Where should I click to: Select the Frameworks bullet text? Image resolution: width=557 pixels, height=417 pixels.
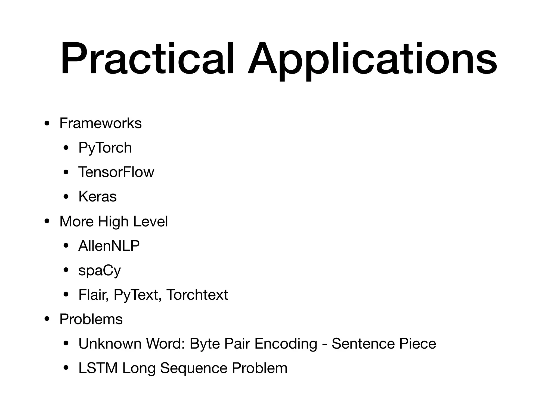[100, 123]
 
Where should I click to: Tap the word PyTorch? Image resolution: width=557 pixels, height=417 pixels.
[105, 148]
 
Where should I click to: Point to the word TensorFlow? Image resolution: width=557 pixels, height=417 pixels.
[116, 172]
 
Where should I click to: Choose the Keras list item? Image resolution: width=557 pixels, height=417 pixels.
[97, 197]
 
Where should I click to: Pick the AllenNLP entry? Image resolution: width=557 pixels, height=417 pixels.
[109, 246]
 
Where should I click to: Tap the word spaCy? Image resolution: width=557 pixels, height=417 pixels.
[100, 271]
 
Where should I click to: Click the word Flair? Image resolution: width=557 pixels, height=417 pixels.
[94, 295]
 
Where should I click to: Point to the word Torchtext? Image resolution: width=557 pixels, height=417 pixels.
[197, 295]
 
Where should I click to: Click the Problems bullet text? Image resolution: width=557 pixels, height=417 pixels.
[91, 319]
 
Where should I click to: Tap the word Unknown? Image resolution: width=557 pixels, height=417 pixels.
[110, 344]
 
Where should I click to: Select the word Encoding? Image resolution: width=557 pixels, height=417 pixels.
[286, 344]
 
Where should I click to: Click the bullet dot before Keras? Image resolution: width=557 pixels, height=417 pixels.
[66, 197]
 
